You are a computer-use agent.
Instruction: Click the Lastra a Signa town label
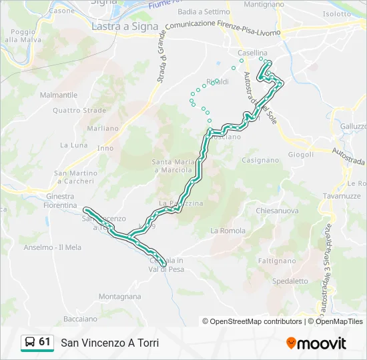(125, 27)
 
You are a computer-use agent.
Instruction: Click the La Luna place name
(73, 145)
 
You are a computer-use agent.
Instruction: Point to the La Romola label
(224, 231)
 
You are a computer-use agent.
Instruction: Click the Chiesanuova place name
(278, 211)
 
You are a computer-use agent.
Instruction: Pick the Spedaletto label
(290, 281)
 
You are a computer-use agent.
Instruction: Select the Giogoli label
(300, 155)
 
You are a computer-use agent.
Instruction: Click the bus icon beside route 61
(30, 342)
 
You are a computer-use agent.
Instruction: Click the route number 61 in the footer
(45, 342)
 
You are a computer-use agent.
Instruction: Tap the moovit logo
(316, 343)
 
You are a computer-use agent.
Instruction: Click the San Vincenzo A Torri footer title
(110, 343)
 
